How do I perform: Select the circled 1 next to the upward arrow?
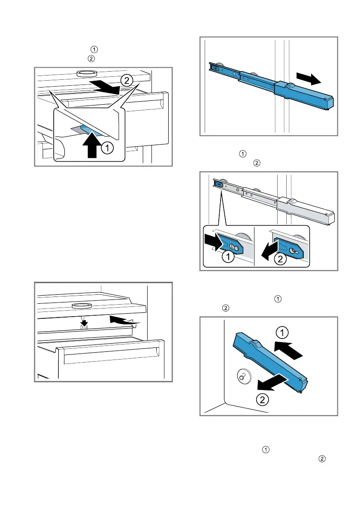tap(108, 148)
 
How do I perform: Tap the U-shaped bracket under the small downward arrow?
tap(85, 330)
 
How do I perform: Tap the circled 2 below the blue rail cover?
tap(263, 399)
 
